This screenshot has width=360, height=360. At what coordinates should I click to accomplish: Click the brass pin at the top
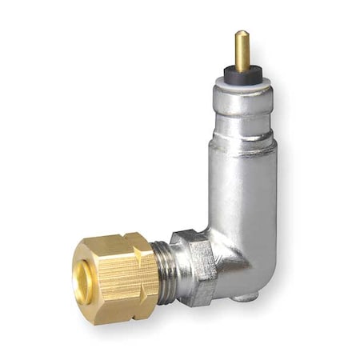[x=241, y=50]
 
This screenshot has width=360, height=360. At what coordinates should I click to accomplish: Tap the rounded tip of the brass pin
[x=241, y=34]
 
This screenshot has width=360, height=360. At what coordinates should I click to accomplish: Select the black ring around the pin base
[x=241, y=71]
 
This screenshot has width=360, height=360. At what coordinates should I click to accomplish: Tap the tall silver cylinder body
[x=244, y=192]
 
